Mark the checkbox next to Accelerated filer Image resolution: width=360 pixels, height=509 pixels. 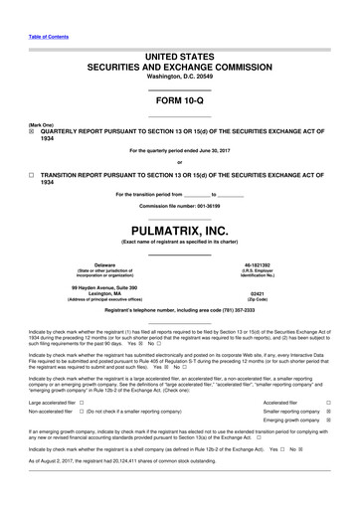tap(328, 402)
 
